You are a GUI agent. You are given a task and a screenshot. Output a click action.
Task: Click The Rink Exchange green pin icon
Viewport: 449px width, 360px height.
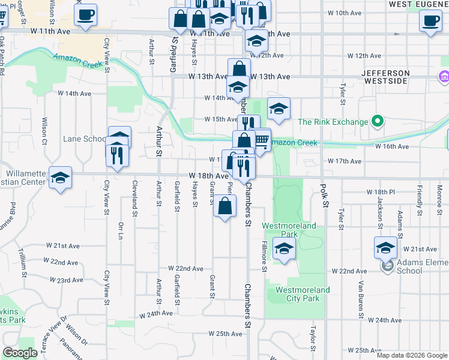(x=378, y=122)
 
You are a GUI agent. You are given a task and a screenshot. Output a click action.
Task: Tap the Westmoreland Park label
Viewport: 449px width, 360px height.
(x=289, y=230)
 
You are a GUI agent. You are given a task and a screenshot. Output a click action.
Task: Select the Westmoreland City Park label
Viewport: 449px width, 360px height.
(x=303, y=294)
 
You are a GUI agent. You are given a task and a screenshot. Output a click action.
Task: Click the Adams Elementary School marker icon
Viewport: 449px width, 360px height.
(x=388, y=265)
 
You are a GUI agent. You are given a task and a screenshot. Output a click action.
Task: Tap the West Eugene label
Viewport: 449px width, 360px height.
(x=418, y=4)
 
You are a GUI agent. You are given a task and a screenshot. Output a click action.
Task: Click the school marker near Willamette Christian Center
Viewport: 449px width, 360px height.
(x=61, y=178)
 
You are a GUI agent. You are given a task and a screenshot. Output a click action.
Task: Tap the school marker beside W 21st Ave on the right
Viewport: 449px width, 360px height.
(x=385, y=247)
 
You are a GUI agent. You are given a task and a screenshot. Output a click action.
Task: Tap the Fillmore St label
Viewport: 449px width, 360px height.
(x=264, y=256)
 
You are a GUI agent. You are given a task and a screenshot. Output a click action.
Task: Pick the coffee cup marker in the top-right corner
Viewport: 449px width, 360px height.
(x=430, y=21)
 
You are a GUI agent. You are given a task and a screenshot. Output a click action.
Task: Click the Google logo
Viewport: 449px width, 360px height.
(x=20, y=353)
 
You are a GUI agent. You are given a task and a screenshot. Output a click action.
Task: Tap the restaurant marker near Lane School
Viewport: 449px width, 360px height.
(x=116, y=154)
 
